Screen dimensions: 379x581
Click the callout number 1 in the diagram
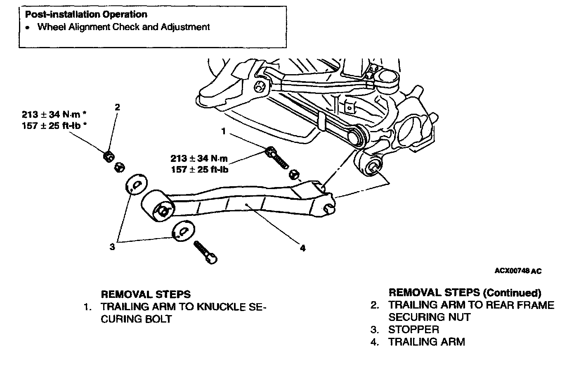tap(224, 131)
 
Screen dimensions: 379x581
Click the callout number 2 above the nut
tap(118, 107)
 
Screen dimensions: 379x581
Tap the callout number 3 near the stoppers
tap(112, 247)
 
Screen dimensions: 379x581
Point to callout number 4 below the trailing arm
tap(303, 248)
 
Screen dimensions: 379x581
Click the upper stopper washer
tap(136, 185)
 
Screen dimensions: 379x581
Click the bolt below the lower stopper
tap(205, 252)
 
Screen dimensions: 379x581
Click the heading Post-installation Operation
tap(86, 14)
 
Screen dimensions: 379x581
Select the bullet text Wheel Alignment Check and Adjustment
tap(123, 27)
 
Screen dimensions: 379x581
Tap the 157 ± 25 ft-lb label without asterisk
tap(200, 169)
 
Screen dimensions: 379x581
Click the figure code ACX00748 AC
tap(518, 271)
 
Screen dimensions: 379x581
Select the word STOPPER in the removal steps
tap(413, 330)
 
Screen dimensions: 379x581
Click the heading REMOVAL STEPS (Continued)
tap(465, 292)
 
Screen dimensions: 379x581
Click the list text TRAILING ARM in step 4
tap(426, 342)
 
